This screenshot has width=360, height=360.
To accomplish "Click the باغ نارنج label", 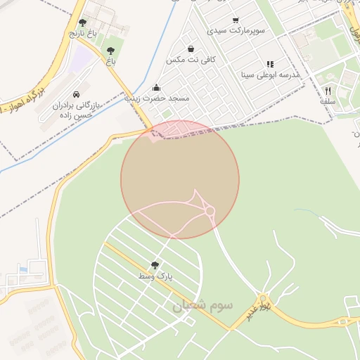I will [x=82, y=33].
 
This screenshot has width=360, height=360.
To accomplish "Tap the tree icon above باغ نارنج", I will [x=83, y=23].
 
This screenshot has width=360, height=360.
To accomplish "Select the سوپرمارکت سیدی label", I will [x=235, y=31].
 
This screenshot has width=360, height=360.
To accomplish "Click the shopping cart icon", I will [x=236, y=20].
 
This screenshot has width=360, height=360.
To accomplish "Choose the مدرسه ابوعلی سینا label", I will [x=270, y=74].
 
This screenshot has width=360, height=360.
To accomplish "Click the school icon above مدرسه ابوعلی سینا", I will [x=270, y=64].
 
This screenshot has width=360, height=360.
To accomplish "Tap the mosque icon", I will [x=156, y=88].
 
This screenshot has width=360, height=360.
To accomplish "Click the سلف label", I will [x=328, y=101].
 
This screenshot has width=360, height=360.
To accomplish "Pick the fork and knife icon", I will [x=328, y=91].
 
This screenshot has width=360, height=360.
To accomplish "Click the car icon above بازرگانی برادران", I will [x=76, y=94].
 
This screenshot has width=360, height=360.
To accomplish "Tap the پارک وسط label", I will [x=155, y=276].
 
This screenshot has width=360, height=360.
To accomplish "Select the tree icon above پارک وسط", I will [x=155, y=265].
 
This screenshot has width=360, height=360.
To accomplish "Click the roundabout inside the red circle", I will [x=210, y=210].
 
